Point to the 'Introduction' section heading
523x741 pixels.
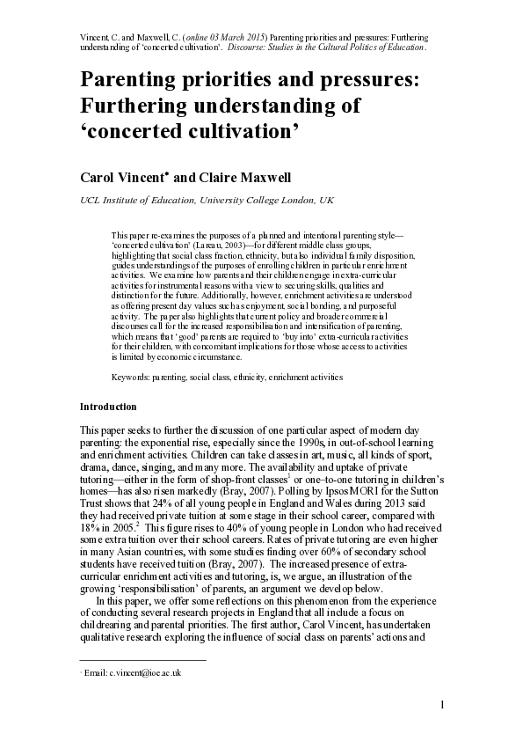[x=108, y=407]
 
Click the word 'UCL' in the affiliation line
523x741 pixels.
[x=90, y=201]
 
